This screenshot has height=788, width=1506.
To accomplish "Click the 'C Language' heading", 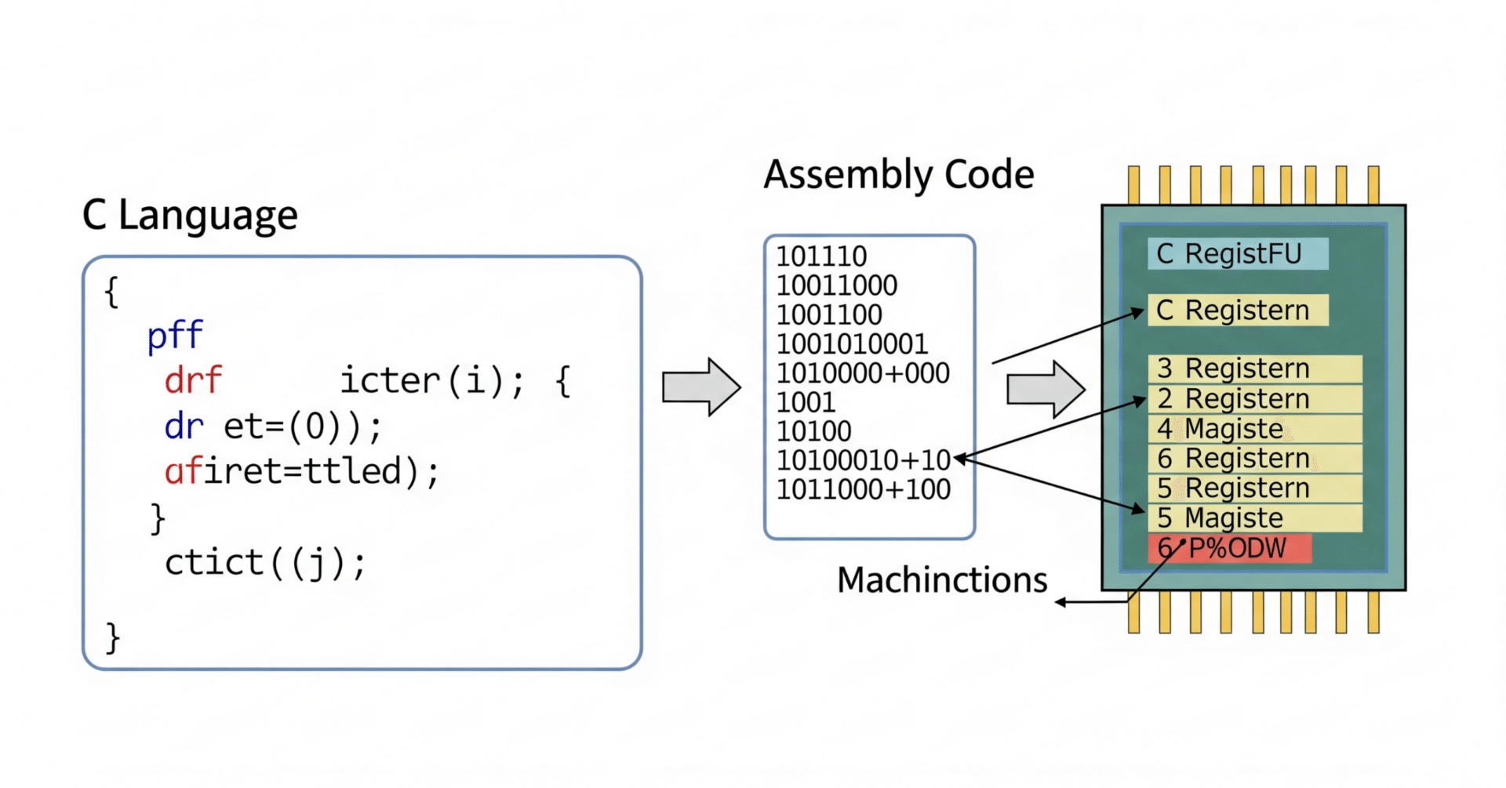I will [190, 215].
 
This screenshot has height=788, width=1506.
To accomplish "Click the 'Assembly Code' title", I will [899, 175].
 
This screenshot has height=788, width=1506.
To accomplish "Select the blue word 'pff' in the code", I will [175, 336].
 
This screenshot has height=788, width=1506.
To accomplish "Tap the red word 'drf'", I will [193, 381].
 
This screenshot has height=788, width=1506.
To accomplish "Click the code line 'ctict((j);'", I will [265, 563].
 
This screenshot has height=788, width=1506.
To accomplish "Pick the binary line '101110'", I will [821, 256].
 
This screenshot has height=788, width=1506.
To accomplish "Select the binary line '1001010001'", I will [852, 343].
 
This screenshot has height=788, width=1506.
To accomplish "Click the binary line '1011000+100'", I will [863, 489].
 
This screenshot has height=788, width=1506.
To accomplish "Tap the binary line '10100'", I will [813, 431].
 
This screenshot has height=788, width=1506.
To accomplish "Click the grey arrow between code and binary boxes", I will [701, 387].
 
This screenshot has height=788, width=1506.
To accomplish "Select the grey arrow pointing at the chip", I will [1046, 389].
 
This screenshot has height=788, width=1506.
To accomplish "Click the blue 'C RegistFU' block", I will [1237, 254].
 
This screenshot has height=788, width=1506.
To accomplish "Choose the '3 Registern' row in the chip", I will [1254, 369].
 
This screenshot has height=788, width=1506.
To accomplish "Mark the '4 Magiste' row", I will [1254, 429].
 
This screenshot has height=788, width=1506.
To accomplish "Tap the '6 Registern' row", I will [1254, 459].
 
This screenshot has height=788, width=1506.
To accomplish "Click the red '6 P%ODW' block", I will [1228, 548].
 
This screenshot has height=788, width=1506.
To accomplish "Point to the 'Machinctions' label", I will [941, 580].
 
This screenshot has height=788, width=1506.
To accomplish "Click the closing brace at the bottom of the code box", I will [113, 637].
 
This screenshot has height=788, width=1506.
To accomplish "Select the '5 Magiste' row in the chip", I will [1254, 518].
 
